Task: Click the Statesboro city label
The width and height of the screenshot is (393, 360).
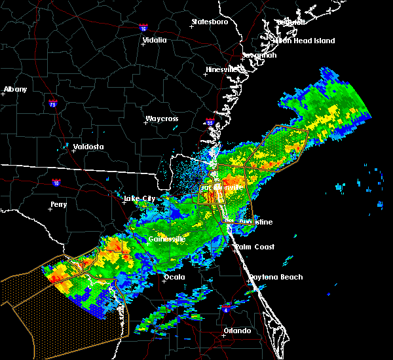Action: coord(210,22)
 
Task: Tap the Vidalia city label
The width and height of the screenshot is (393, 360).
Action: coord(155,40)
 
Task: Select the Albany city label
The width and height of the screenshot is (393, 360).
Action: coord(16,89)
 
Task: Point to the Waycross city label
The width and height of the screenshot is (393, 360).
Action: coord(162,119)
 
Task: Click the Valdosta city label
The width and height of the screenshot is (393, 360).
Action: coord(88,147)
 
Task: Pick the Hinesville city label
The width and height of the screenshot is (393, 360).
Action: coord(223,69)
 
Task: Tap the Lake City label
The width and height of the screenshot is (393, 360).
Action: coord(140,198)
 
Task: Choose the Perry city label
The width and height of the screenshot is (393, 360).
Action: coord(58,205)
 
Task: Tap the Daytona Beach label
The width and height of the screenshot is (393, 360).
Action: coord(275,277)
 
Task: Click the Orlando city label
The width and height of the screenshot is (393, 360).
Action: coord(236,331)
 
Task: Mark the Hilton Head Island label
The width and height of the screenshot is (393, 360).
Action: coord(304,41)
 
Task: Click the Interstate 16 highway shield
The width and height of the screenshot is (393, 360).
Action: coord(143,28)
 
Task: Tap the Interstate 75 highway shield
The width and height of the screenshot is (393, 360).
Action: coord(53,103)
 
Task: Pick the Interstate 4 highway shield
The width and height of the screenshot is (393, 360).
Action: coord(227,306)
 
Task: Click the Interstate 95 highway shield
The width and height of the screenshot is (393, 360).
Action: coord(210,122)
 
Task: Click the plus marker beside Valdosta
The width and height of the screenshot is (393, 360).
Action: coord(66,147)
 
